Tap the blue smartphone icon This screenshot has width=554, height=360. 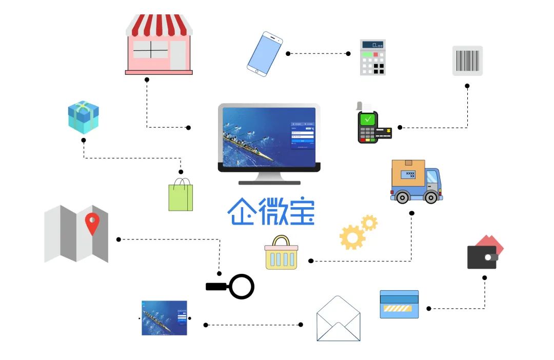[265, 54]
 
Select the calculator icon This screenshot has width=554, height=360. [373, 57]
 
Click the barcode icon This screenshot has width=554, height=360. [467, 61]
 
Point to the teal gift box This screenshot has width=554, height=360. [83, 117]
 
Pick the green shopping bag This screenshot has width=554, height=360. [181, 196]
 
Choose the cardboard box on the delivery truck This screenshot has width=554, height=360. [408, 173]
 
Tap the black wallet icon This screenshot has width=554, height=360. [482, 257]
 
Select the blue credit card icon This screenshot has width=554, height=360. [399, 304]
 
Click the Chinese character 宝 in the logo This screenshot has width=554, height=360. [300, 212]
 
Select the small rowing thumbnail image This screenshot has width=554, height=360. [164, 318]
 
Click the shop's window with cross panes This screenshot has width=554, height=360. [150, 50]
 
